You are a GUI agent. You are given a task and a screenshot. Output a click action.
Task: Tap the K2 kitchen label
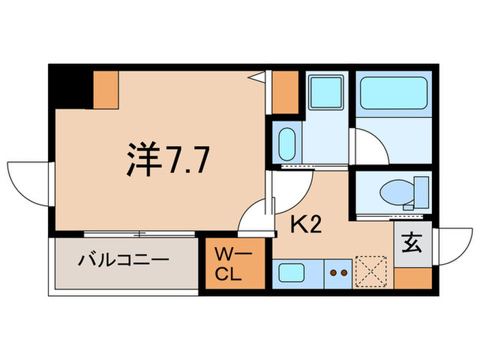307,224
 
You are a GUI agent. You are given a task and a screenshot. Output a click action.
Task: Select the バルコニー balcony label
123,261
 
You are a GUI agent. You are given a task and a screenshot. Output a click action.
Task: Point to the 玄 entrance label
412,244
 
